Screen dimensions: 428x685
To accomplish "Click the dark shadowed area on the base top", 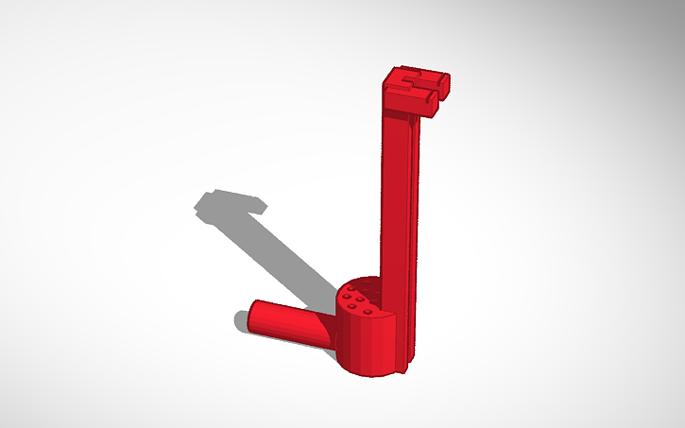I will tap(358, 284).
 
